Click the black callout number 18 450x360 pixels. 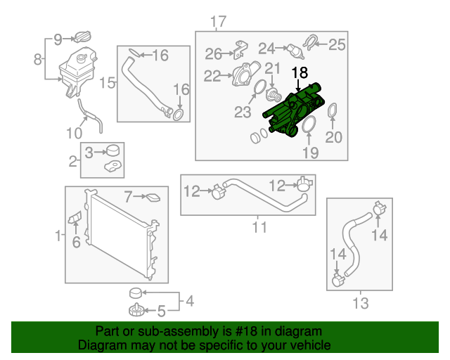click(x=300, y=72)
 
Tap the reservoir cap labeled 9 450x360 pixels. click(x=84, y=38)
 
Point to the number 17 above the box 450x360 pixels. click(x=218, y=20)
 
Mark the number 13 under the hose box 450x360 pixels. click(x=360, y=304)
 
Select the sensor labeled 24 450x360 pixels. click(x=292, y=51)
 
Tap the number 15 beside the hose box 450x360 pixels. click(x=107, y=84)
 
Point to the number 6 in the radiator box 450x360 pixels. click(x=76, y=242)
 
